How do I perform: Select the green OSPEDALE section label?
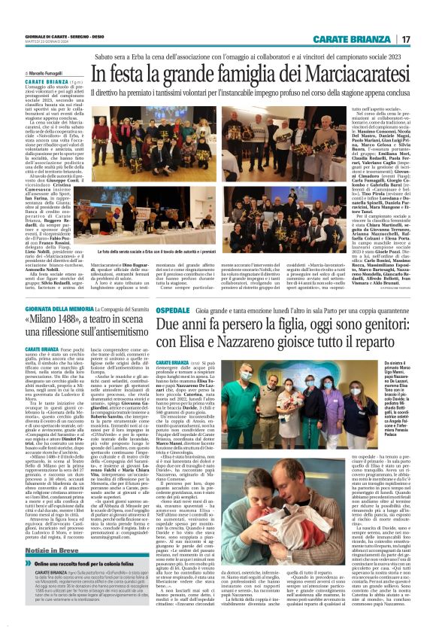point(173,309)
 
